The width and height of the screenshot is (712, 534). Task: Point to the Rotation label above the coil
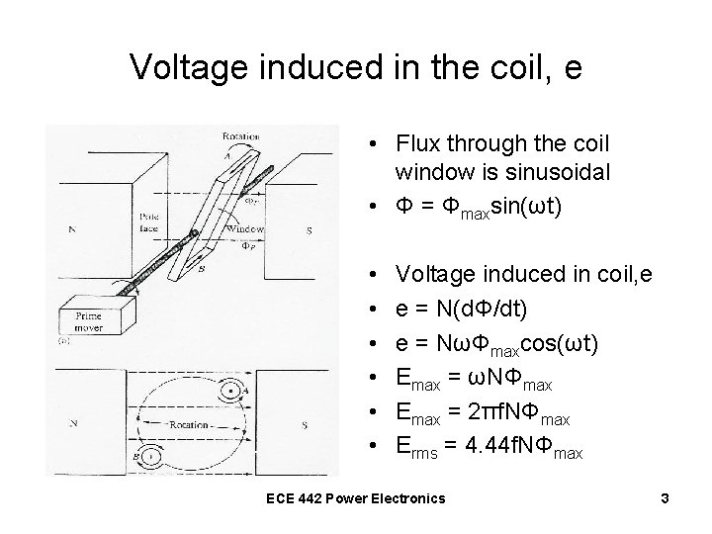click(241, 134)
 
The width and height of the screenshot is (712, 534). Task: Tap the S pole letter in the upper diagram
click(309, 230)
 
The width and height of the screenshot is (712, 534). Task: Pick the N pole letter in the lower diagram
click(72, 421)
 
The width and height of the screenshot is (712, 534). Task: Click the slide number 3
click(666, 497)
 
